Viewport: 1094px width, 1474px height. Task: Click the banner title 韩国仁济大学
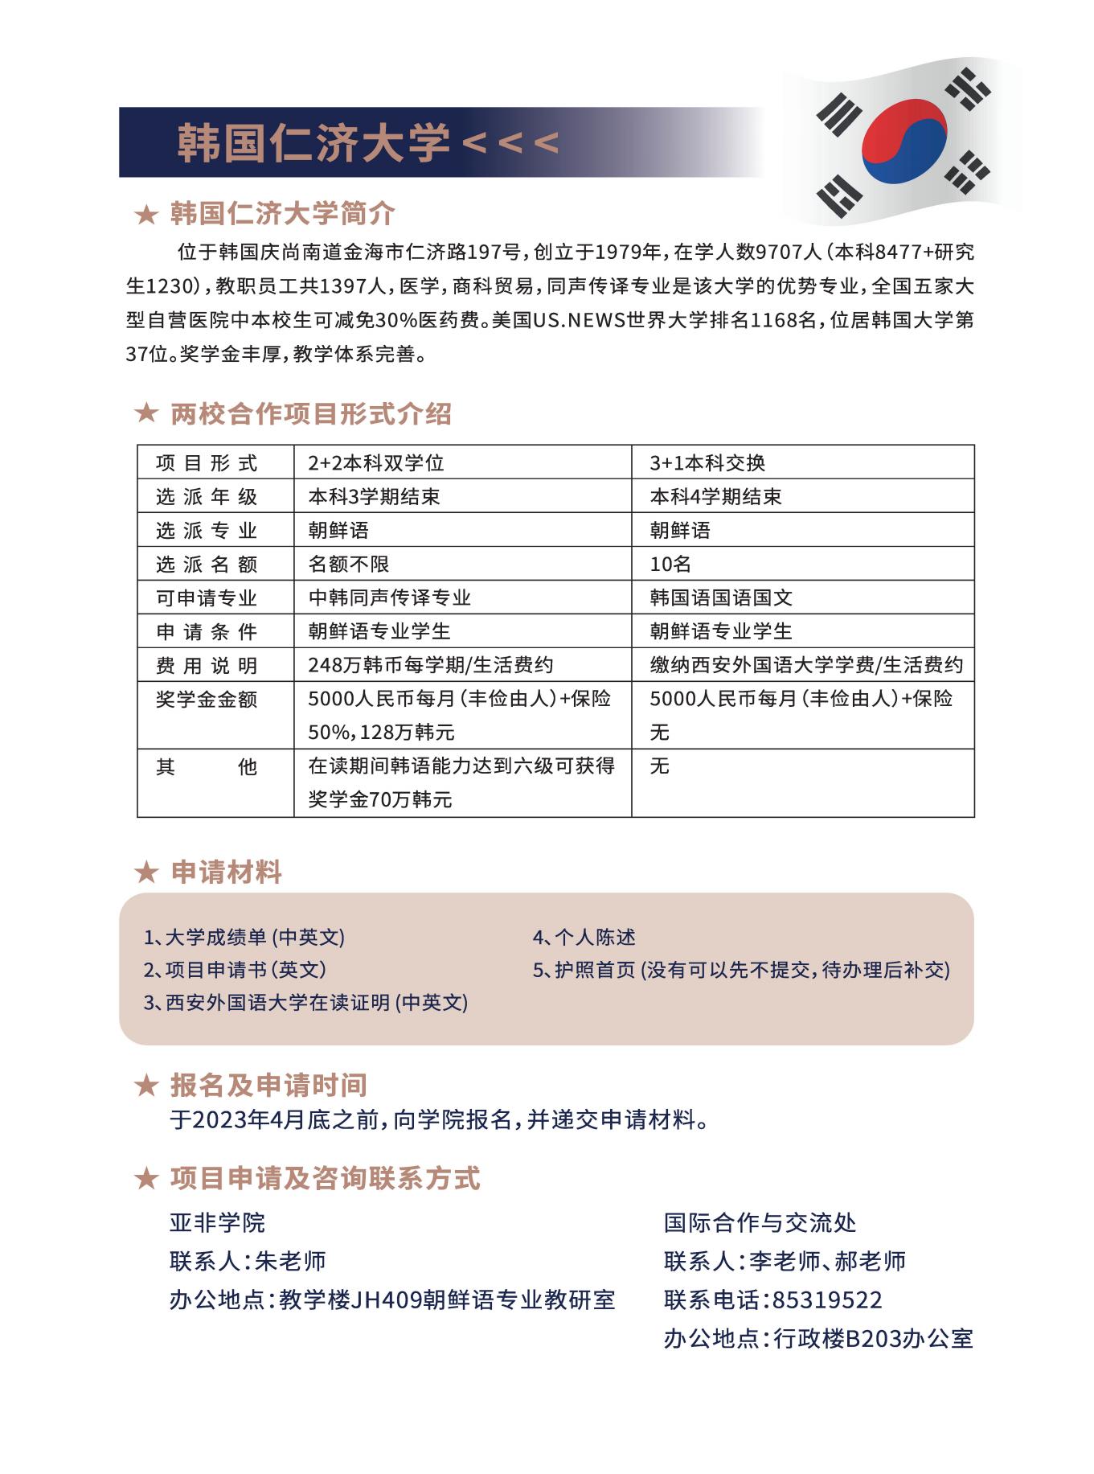click(x=313, y=142)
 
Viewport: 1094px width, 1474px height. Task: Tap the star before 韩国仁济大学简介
click(x=145, y=215)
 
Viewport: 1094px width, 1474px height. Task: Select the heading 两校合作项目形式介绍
click(x=310, y=414)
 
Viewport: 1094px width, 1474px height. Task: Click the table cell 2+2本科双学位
click(x=376, y=463)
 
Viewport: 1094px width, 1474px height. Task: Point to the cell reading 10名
click(x=670, y=565)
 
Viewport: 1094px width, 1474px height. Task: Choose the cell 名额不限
click(x=349, y=565)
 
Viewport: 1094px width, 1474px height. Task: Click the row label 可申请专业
click(x=207, y=598)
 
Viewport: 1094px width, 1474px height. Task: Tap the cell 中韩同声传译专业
click(x=390, y=598)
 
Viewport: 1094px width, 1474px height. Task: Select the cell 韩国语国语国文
click(x=721, y=598)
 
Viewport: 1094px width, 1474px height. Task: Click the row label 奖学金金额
click(x=207, y=699)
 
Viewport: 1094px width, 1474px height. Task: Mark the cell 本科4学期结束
click(x=715, y=497)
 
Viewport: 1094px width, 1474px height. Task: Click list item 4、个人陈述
click(x=584, y=937)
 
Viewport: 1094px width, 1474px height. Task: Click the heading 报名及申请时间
click(x=268, y=1086)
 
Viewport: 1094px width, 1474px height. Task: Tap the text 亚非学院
click(x=217, y=1223)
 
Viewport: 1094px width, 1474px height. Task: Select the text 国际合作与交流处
click(x=760, y=1223)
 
